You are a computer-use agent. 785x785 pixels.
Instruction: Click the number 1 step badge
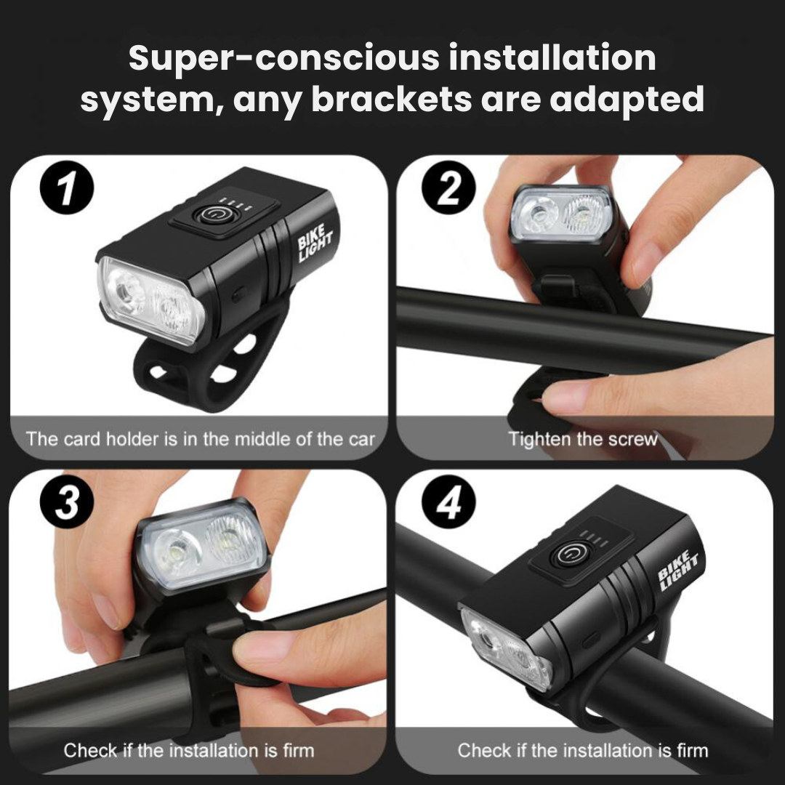67,189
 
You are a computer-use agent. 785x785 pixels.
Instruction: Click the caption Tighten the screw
583,439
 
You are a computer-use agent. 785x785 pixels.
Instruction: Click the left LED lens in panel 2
539,217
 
